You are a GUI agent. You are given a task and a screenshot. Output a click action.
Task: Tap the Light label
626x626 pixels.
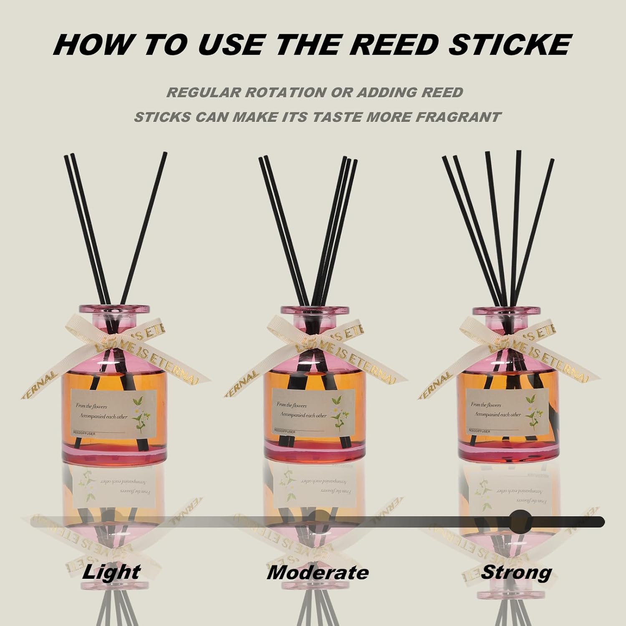pos(111,572)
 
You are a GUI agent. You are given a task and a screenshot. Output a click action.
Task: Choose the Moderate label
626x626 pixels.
pos(318,572)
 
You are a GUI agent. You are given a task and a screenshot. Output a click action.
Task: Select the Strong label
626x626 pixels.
pos(516,572)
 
